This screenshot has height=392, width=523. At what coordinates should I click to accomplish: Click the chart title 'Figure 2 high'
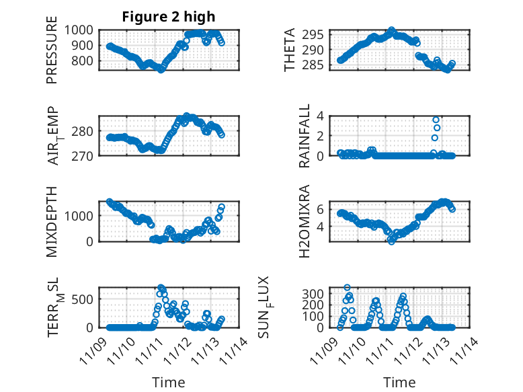click(x=169, y=17)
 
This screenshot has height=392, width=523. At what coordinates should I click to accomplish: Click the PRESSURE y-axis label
click(x=52, y=54)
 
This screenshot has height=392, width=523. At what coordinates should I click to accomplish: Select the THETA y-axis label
click(x=290, y=50)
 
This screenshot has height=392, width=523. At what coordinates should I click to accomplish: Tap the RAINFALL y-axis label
click(x=304, y=136)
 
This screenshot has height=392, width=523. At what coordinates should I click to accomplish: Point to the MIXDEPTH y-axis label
click(x=52, y=221)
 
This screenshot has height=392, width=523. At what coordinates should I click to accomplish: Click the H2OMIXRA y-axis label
click(x=304, y=221)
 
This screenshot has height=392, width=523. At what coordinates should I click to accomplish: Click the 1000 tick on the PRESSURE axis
click(x=81, y=30)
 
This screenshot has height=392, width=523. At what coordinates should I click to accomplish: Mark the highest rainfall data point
click(x=436, y=120)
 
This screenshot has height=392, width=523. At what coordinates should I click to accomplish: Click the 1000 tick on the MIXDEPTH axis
click(x=81, y=216)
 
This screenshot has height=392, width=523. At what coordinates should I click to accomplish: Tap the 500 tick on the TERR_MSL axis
click(x=84, y=299)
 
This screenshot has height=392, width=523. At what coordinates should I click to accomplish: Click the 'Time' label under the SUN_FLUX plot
click(x=399, y=382)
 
